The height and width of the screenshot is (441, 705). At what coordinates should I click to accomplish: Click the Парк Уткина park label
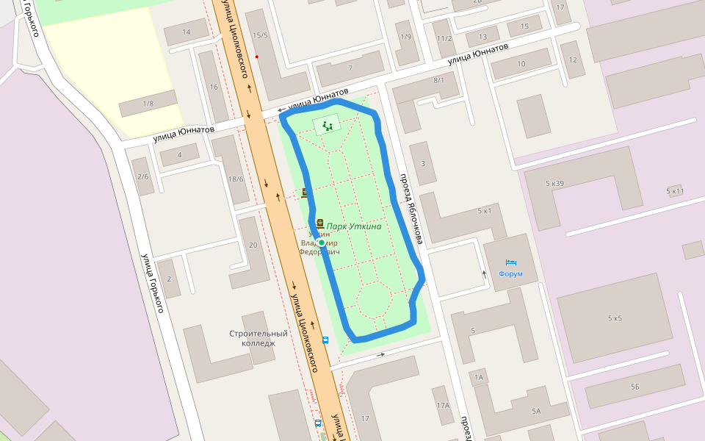(x=354, y=226)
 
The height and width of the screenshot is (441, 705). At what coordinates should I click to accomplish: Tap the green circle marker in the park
(x=322, y=243)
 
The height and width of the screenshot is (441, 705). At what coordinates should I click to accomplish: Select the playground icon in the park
(x=328, y=126)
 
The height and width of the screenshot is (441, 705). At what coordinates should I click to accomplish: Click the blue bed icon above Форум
(x=511, y=262)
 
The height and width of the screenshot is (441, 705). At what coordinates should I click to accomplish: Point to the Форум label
(x=510, y=274)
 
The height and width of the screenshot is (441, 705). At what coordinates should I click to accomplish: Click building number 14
(x=186, y=32)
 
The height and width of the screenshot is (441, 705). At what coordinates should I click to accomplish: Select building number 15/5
(x=260, y=35)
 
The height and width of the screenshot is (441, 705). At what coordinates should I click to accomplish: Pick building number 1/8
(x=148, y=104)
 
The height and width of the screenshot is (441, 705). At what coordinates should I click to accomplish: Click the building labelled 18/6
(x=236, y=179)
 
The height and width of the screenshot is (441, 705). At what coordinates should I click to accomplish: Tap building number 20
(x=253, y=245)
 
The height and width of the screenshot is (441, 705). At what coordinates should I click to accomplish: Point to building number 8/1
(x=439, y=80)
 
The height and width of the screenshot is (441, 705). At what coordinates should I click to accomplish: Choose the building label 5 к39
(x=554, y=182)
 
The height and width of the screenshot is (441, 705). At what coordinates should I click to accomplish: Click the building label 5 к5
(x=614, y=318)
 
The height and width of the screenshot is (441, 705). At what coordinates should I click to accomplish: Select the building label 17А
(x=442, y=406)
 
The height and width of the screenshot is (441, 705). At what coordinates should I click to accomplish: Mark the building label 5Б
(x=634, y=386)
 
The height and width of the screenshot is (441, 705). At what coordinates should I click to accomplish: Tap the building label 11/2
(x=444, y=39)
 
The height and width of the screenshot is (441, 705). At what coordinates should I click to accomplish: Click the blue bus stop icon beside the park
(x=326, y=340)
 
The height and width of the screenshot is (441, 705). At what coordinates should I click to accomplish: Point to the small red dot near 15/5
(x=256, y=57)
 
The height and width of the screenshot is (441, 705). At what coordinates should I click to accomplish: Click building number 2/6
(x=142, y=176)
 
